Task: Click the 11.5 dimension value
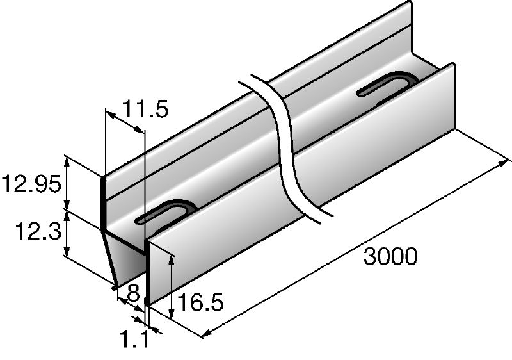[145, 109]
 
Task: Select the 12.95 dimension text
[31, 184]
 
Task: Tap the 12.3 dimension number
[38, 231]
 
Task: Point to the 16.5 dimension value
[200, 302]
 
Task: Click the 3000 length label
[390, 256]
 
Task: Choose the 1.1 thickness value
[134, 338]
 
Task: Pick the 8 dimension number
[133, 293]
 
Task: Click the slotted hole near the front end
[165, 212]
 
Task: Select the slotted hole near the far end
[387, 85]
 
